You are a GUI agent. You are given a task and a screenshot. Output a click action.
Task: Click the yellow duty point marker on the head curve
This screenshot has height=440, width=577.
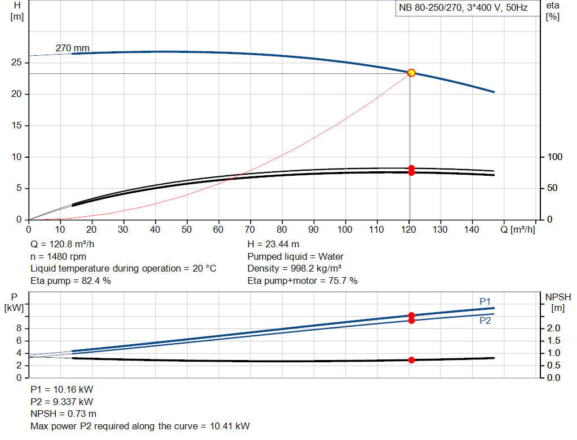[x=411, y=73]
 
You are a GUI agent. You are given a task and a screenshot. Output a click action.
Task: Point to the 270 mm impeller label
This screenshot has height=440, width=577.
[x=73, y=48]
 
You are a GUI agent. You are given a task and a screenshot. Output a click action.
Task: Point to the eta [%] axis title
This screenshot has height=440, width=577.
[x=552, y=11]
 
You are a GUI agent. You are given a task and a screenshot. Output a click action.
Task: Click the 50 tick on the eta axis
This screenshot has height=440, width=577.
[x=552, y=188]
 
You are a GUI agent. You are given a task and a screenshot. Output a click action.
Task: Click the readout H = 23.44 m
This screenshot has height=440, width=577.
[x=273, y=245]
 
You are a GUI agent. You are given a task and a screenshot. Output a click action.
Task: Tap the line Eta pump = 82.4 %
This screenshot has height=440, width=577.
[x=70, y=281]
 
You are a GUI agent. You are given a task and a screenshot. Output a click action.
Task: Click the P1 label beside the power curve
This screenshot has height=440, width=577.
[x=485, y=302]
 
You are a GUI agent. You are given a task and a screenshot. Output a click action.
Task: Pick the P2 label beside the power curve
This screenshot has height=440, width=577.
[x=485, y=321]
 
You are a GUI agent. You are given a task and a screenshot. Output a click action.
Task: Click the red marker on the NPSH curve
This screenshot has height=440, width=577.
[x=411, y=360]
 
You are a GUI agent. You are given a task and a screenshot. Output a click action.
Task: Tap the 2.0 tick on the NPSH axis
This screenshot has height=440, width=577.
[x=552, y=328]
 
